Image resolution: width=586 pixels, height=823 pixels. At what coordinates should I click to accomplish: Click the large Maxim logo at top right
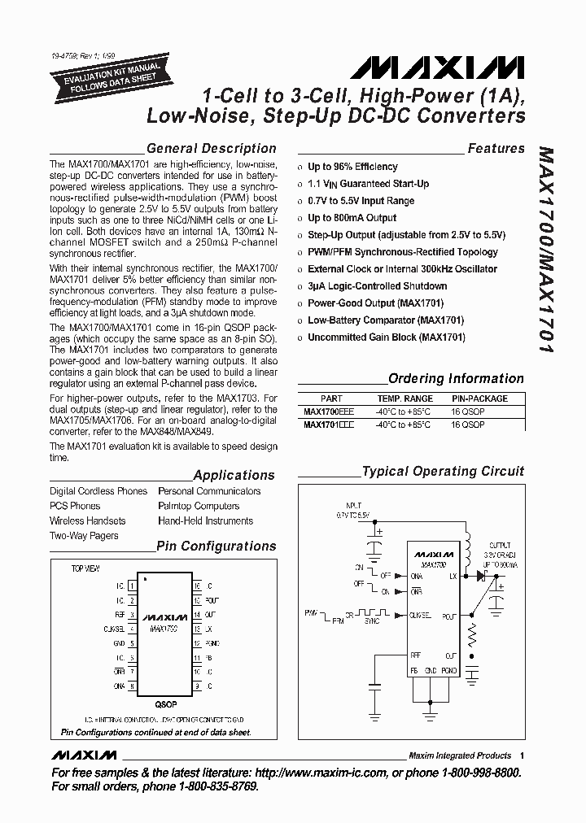tap(467, 65)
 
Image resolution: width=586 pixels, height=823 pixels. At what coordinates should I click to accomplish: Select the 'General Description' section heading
tap(211, 149)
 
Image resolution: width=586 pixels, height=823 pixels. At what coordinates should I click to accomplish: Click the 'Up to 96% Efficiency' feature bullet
tap(352, 167)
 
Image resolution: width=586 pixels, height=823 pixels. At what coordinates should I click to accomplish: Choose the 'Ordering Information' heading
tap(456, 378)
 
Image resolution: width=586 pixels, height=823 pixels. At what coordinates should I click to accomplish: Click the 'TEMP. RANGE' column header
tap(405, 399)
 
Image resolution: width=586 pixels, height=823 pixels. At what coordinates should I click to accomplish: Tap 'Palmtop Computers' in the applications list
tap(199, 506)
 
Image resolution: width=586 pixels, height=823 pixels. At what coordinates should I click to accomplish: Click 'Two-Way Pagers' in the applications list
tap(84, 536)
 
